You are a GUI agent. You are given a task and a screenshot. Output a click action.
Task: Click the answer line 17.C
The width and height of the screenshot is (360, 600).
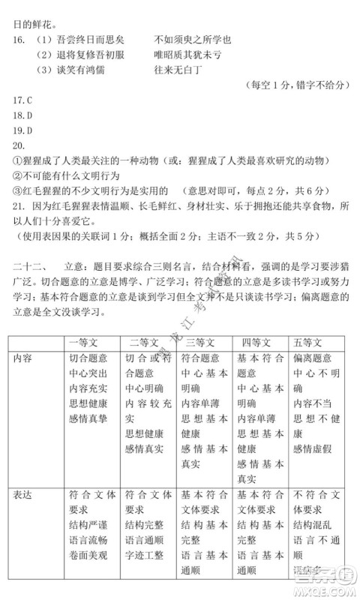(x=22, y=98)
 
